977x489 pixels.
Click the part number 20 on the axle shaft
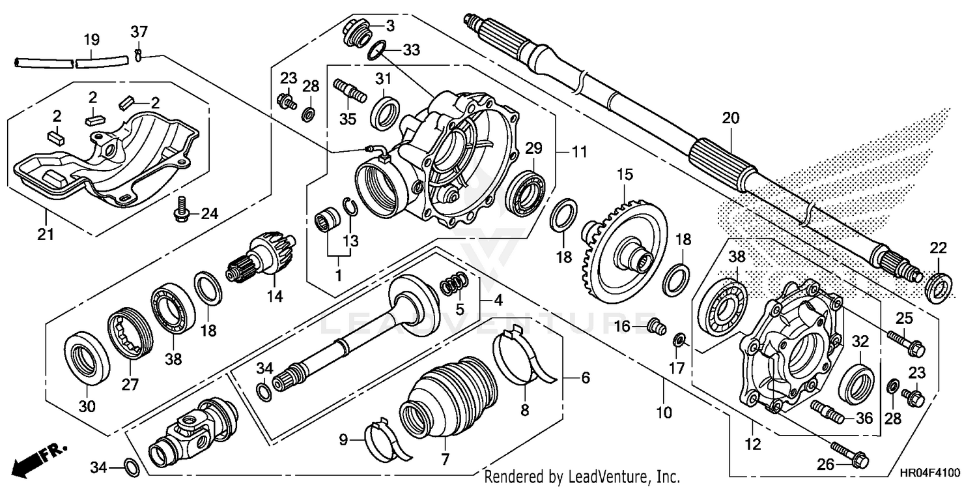[731, 119]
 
